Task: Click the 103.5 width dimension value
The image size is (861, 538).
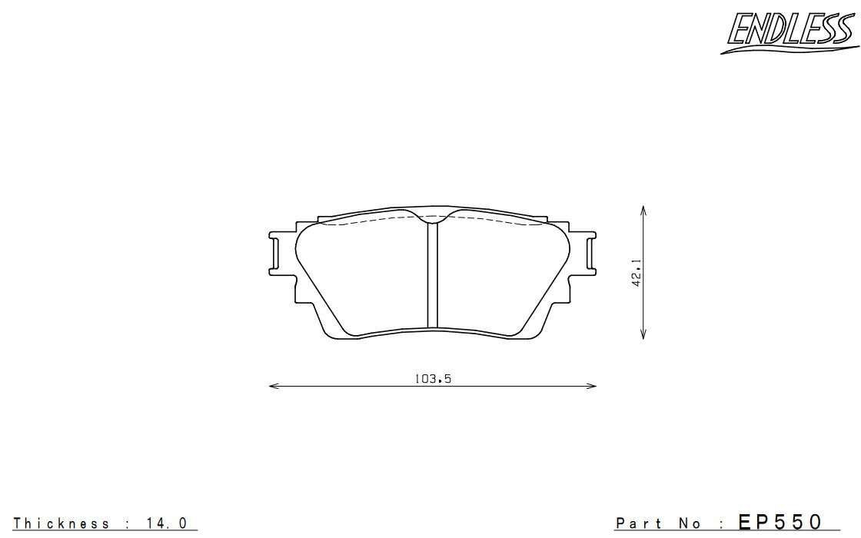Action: [x=433, y=379]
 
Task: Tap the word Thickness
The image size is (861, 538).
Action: [x=61, y=523]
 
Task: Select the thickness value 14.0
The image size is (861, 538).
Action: [x=166, y=523]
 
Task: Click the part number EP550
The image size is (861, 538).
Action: [x=780, y=522]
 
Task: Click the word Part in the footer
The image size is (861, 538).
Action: [x=637, y=523]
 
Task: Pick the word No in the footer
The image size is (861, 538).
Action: [x=690, y=523]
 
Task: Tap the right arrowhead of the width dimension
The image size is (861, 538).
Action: [x=591, y=387]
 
